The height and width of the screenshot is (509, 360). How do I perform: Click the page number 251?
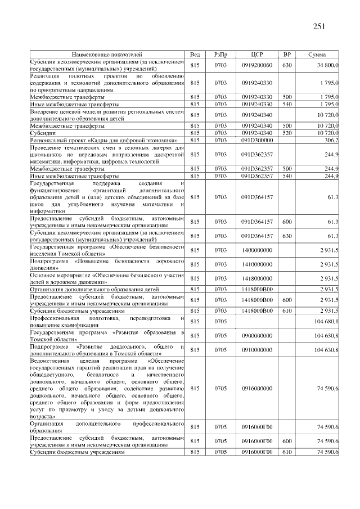coord(318,27)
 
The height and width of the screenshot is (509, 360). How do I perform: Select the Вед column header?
coord(195,55)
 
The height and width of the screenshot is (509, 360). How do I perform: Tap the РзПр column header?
coord(220,55)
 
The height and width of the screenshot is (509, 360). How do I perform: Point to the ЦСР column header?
coord(257,55)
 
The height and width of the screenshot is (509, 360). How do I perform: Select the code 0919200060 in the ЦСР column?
coord(257,66)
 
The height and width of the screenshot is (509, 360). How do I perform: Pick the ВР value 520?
coord(287,133)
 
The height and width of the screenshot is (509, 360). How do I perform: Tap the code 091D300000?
coord(257,140)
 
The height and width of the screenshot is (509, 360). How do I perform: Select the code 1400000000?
coord(257,250)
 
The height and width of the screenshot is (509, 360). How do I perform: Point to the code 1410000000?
coord(257,264)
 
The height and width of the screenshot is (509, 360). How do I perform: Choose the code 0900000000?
coord(257,336)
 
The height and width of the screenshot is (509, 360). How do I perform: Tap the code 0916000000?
coord(257,389)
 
